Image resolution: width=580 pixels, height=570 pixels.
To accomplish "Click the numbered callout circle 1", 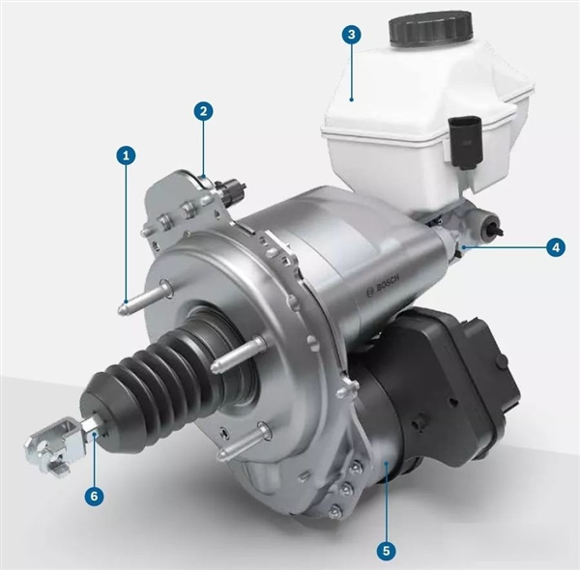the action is pos(127,156).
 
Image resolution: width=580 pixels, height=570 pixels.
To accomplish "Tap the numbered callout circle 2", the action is pos(203,111).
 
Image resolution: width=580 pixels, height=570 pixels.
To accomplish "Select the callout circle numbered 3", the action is pos(352,35).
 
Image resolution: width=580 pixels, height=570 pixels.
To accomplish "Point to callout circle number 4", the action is pos(556,247).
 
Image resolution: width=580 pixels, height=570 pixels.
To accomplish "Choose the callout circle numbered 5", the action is pos(386,551).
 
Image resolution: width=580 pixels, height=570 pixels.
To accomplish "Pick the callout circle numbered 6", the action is pos(94,496).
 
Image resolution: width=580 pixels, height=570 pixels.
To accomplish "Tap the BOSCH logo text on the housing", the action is pos(383,285).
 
